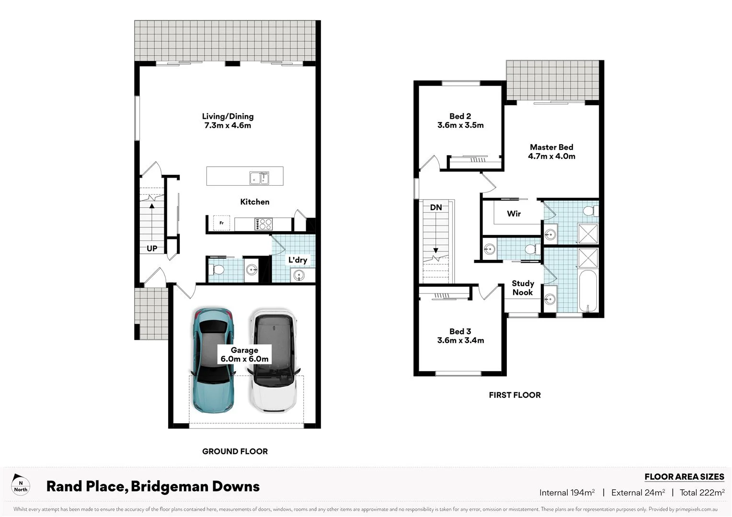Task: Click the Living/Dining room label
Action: (x=228, y=121)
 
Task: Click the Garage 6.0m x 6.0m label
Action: (x=244, y=355)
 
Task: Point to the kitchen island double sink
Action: (x=259, y=178)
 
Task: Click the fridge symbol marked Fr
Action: (x=221, y=223)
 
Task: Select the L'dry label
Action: (x=297, y=260)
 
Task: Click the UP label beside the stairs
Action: (x=152, y=248)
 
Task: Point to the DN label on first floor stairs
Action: (x=436, y=207)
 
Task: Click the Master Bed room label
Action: (x=551, y=152)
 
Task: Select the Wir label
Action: (x=514, y=214)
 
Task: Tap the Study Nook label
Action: (x=523, y=288)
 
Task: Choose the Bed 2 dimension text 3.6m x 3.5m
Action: (x=460, y=125)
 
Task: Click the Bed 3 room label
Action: (x=460, y=336)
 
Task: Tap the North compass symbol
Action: (x=21, y=483)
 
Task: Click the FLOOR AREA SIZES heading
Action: (x=684, y=477)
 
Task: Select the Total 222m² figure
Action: (x=702, y=493)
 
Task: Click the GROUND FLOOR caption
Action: (x=235, y=451)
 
